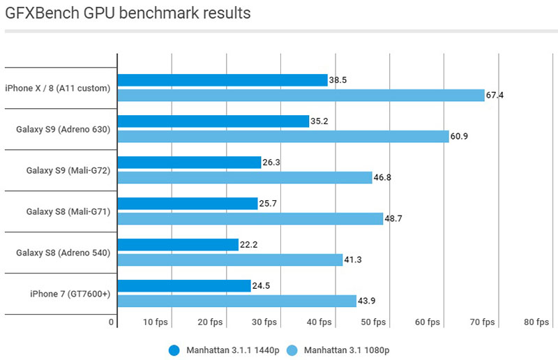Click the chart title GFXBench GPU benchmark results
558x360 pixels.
(128, 13)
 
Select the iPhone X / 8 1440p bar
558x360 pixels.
(223, 80)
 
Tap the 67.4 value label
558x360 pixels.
(495, 95)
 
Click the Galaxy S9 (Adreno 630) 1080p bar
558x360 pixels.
(283, 136)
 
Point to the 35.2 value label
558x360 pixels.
(319, 121)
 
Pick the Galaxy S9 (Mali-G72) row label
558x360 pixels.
(68, 170)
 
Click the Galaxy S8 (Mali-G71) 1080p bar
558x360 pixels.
(250, 218)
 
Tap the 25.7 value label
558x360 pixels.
(269, 204)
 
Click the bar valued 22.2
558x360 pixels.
(179, 245)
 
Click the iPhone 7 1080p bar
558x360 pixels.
(237, 301)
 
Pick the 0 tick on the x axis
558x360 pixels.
(112, 322)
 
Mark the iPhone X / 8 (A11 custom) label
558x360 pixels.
(59, 88)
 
